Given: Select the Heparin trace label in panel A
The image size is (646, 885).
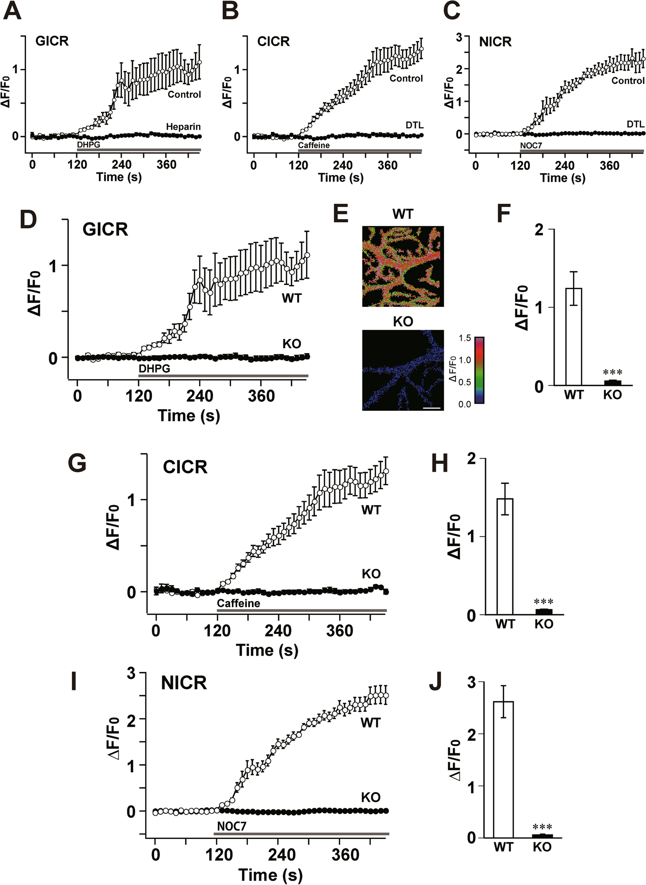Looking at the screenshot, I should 183,127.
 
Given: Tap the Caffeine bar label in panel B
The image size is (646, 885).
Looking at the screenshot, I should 314,145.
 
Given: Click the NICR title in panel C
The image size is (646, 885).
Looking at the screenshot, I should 495,42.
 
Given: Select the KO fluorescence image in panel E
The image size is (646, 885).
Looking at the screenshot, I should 403,370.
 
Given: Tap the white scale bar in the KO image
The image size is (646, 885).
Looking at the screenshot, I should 431,408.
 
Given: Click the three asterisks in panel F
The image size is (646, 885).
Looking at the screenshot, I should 612,372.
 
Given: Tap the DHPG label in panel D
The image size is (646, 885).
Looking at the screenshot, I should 154,368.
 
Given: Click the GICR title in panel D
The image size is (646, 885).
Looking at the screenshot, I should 105,229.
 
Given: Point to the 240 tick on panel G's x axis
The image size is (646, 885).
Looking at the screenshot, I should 278,631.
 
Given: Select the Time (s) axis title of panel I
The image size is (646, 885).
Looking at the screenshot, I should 270,875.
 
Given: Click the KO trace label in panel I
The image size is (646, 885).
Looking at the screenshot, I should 370,797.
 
